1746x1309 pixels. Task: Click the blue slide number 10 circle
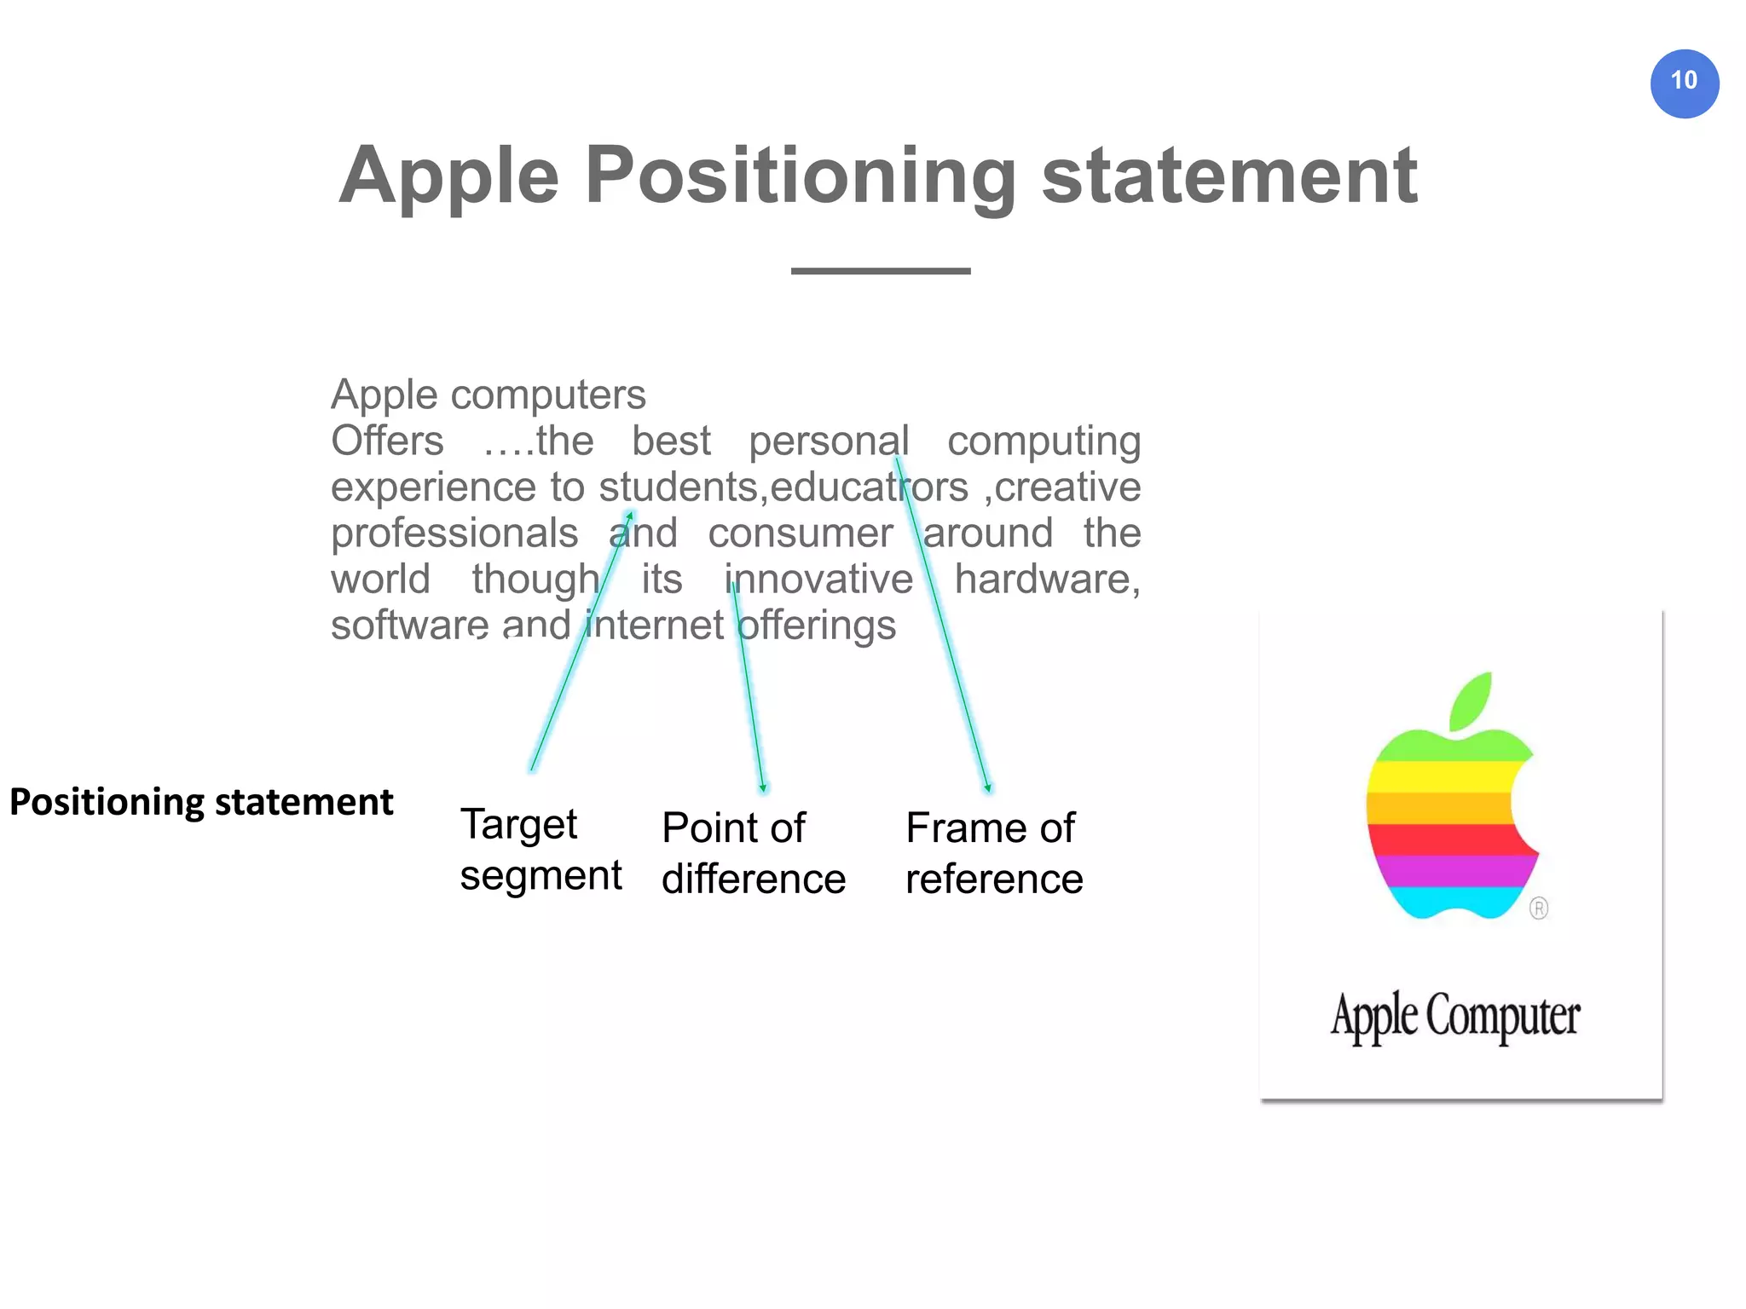coord(1684,83)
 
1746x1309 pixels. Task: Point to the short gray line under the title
coord(880,271)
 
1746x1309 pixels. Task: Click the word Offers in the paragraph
coord(387,441)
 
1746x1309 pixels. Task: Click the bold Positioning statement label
coord(201,803)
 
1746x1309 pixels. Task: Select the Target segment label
coord(541,850)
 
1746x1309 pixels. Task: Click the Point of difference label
coord(753,853)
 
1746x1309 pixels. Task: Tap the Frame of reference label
coord(993,853)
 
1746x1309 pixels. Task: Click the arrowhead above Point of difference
coord(763,789)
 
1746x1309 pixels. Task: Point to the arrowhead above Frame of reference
coord(988,789)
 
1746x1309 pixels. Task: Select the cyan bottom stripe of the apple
coord(1449,902)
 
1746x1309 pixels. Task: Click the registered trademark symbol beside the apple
coord(1538,908)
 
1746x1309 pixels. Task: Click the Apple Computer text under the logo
coord(1455,1017)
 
